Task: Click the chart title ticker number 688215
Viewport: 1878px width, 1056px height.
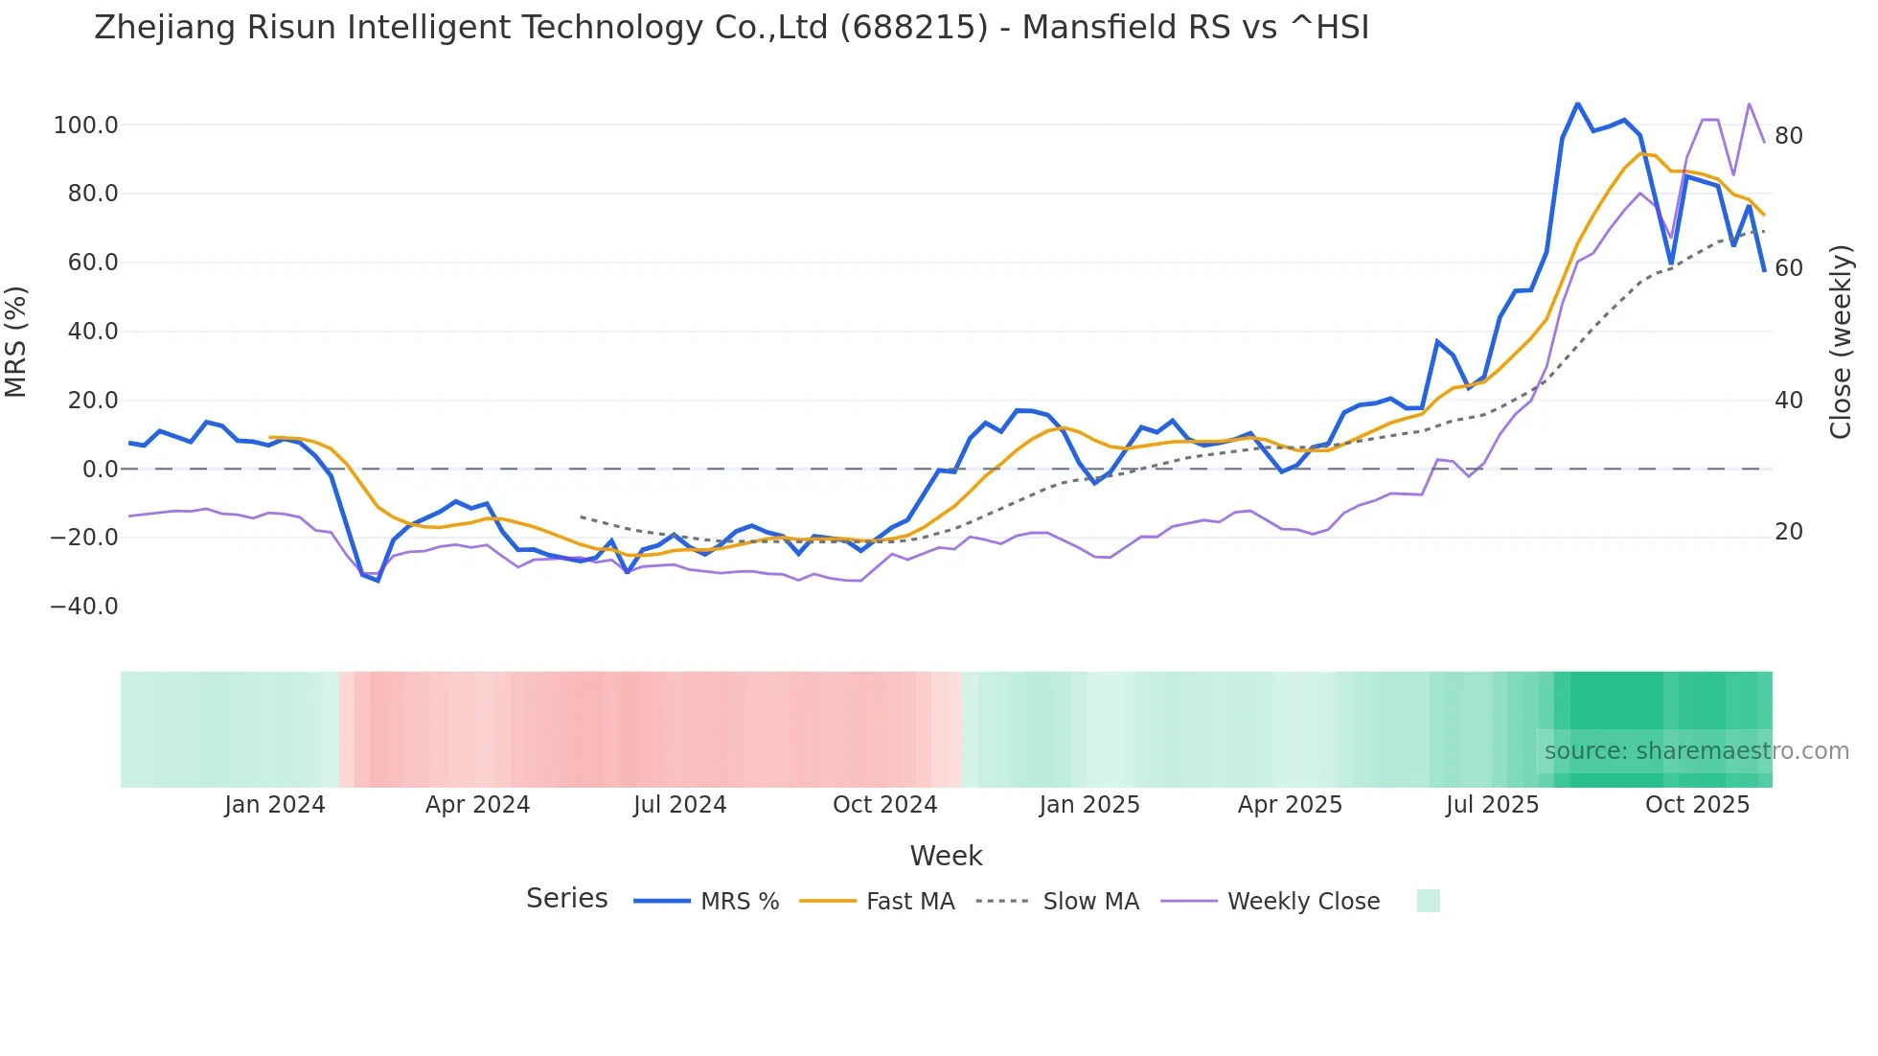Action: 913,28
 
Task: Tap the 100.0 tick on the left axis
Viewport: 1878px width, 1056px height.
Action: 85,126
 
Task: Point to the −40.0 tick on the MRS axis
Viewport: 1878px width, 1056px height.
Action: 84,607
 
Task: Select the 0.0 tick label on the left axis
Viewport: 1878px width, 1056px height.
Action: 100,470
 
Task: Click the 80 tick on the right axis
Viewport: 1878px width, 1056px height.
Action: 1788,136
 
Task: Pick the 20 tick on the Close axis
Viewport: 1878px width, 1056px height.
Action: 1788,532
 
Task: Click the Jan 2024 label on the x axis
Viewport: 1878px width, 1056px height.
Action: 275,805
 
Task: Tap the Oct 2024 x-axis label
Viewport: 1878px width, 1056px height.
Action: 884,805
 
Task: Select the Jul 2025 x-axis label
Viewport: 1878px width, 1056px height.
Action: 1492,805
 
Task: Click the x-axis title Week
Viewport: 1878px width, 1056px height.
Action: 946,856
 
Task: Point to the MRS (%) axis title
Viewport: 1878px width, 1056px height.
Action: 16,341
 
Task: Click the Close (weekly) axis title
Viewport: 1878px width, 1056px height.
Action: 1841,342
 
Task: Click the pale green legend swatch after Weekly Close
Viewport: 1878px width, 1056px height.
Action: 1428,901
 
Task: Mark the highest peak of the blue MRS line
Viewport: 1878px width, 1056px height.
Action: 1577,103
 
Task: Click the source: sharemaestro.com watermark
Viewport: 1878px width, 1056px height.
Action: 1696,751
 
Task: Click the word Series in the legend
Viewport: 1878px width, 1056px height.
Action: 566,899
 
